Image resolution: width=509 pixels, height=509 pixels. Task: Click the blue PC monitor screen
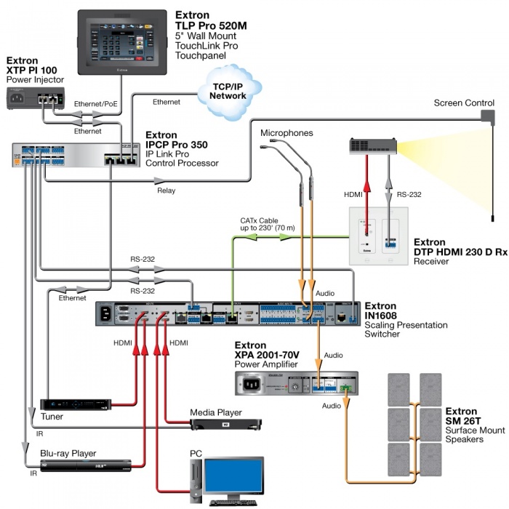pos(233,476)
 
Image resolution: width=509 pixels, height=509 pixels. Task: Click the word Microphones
pos(286,133)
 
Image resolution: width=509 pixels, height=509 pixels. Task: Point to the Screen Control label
pos(464,103)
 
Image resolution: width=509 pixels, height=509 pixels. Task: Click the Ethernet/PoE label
pos(95,105)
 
